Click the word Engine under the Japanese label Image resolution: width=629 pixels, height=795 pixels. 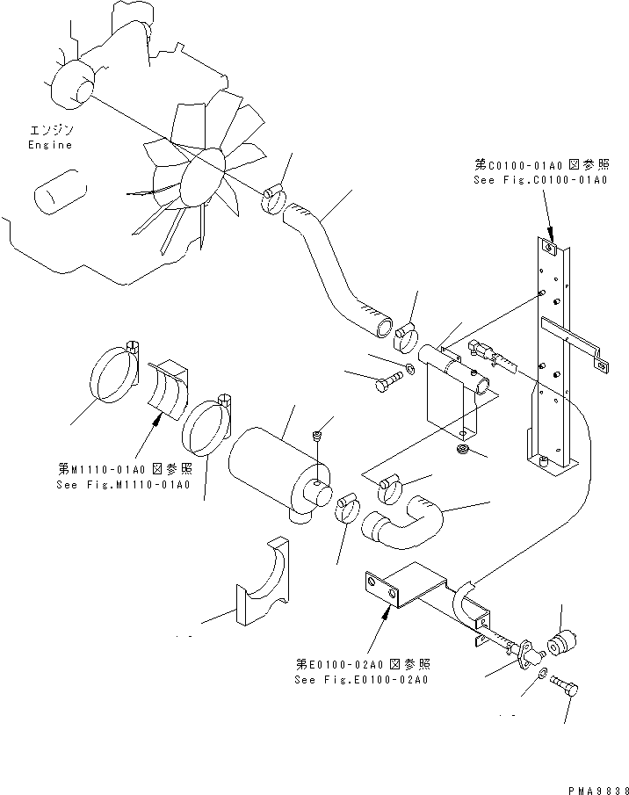[49, 145]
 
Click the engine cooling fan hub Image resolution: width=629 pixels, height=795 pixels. [204, 172]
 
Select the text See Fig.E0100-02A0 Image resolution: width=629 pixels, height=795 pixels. [362, 680]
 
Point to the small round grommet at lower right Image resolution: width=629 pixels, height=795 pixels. [561, 645]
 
